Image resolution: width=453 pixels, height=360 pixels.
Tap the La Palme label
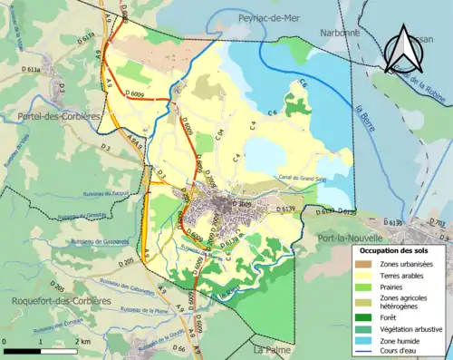[270, 348]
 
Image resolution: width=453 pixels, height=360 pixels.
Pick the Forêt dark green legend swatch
[367, 316]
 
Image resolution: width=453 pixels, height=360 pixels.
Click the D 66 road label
[178, 348]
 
